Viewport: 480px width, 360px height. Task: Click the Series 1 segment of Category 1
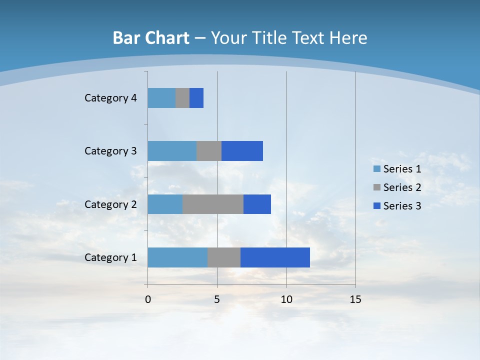[x=177, y=257]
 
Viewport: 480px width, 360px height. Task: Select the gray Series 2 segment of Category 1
[x=224, y=257]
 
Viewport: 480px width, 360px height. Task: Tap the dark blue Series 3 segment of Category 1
[x=275, y=257]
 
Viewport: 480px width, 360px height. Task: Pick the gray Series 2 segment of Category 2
[x=213, y=204]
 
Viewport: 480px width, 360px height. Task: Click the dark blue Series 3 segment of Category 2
[x=257, y=204]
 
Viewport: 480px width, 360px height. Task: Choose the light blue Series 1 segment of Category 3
[x=172, y=151]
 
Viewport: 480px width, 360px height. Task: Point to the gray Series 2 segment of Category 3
[x=209, y=151]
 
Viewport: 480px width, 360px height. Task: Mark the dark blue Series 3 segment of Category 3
[x=242, y=151]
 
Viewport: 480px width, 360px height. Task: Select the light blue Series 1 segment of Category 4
[x=161, y=98]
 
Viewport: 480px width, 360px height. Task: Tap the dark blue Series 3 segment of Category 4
[x=196, y=98]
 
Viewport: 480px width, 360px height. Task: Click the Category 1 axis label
[x=110, y=257]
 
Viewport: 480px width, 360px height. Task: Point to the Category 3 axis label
[x=110, y=151]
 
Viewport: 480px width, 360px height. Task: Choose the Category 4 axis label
[x=110, y=98]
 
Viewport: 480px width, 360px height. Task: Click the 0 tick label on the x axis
[x=148, y=299]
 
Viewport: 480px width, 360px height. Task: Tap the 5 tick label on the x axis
[x=217, y=299]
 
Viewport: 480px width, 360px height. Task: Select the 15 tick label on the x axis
[x=355, y=299]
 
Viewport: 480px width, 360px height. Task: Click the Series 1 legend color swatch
[x=377, y=169]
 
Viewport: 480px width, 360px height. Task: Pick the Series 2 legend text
[x=402, y=187]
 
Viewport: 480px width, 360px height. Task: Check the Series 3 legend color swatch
[x=377, y=206]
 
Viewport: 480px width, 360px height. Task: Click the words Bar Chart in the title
[x=151, y=38]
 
